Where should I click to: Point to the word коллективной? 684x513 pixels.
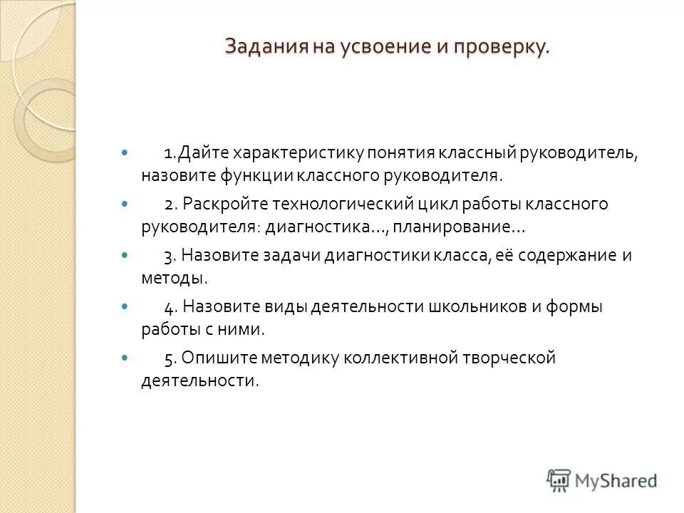[x=400, y=358]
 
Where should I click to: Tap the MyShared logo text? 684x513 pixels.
[x=618, y=481]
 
